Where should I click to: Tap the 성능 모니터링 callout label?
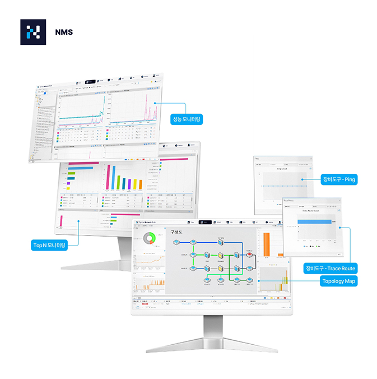187,119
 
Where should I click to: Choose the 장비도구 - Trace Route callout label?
330,268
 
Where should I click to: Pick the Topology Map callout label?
339,281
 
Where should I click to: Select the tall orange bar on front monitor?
267,246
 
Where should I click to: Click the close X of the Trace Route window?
338,201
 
